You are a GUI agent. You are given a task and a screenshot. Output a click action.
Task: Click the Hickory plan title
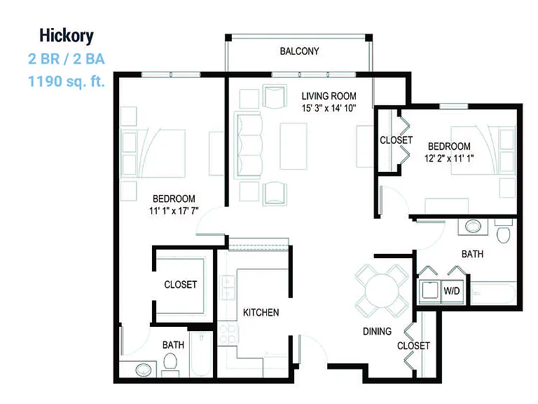point(67,36)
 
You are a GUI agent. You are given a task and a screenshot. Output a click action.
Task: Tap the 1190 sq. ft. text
point(67,82)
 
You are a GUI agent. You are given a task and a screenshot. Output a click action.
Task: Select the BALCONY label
point(300,51)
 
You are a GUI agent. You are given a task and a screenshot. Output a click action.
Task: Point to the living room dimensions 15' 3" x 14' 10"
point(329,108)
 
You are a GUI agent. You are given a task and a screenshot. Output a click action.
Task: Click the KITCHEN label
point(261,312)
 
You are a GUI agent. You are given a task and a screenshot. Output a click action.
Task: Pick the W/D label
point(452,291)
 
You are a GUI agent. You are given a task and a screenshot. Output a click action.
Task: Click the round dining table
point(382,290)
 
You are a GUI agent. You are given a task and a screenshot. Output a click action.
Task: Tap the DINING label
point(377,331)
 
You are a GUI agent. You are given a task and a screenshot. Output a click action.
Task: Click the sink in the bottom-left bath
point(144,370)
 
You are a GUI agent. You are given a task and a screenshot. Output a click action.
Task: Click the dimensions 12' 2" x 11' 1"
point(449,159)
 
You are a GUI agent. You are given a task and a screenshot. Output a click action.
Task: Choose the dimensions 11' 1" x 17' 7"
point(174,210)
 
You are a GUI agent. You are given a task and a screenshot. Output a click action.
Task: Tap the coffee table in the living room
point(294,146)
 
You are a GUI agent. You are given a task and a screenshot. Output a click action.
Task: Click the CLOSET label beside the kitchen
point(181,285)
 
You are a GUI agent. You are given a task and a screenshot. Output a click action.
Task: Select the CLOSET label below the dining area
point(413,346)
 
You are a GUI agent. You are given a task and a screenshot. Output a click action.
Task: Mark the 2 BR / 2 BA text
point(67,59)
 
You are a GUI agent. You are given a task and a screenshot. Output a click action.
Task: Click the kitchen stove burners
point(228,334)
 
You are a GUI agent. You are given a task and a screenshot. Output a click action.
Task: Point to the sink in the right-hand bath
point(474,227)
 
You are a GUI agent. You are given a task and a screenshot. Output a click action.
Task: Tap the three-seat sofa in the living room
point(248,145)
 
